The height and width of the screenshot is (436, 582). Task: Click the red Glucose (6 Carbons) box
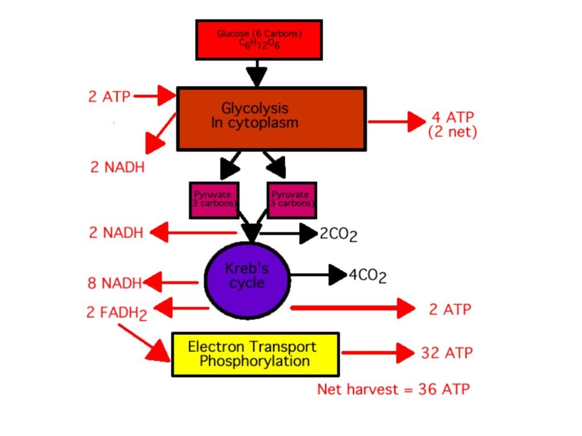point(259,39)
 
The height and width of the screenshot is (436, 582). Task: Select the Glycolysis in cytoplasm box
point(271,118)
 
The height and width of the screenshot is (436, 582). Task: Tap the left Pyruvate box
point(213,200)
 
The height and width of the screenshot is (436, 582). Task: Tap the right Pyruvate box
point(291,200)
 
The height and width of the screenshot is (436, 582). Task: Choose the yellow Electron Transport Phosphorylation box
point(255,354)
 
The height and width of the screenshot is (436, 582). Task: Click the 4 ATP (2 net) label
point(452,125)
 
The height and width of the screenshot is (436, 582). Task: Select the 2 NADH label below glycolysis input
point(117,167)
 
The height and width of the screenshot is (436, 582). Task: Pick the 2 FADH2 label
point(117,313)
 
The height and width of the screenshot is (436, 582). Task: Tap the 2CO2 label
point(338,234)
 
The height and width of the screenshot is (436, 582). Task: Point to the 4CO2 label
point(367,276)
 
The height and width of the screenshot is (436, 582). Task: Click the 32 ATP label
point(447,353)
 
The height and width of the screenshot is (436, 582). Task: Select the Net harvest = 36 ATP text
point(393,389)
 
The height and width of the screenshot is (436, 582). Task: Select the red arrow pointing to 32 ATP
point(378,353)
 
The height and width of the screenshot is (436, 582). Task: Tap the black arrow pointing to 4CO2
point(318,275)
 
